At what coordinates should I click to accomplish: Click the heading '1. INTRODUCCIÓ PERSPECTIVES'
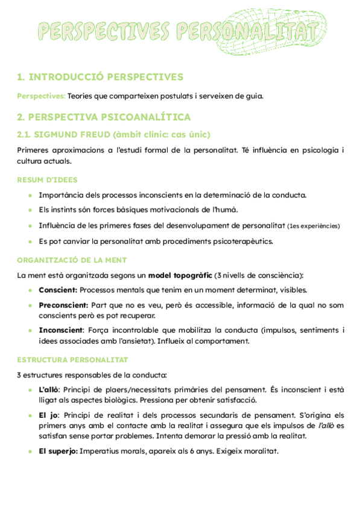click(100, 77)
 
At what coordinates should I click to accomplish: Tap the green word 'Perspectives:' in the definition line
click(41, 95)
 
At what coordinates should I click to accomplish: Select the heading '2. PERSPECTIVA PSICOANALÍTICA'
click(104, 117)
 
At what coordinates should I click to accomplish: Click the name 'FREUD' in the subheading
click(92, 133)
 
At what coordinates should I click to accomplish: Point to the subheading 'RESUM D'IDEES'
click(47, 179)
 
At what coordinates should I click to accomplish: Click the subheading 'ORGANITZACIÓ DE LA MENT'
click(72, 260)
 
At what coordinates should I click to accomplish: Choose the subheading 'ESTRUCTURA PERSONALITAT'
click(72, 360)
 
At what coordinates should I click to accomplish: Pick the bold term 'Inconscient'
click(61, 330)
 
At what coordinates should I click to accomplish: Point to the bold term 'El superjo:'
click(58, 451)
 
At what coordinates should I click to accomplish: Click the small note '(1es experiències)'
click(313, 226)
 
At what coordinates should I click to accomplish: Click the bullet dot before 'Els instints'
click(30, 210)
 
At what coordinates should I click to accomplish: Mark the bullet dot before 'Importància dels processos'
click(30, 194)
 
